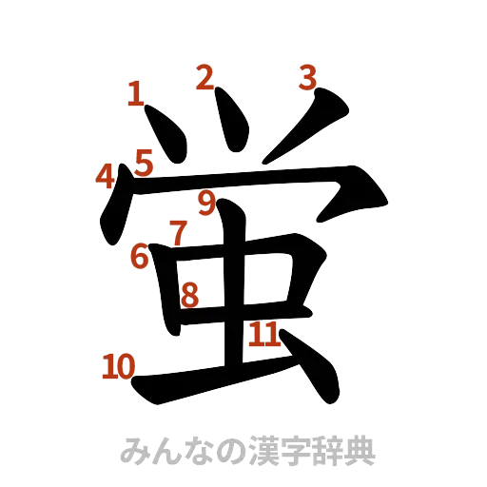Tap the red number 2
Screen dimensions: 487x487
(x=204, y=77)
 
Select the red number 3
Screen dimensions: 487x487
(x=306, y=76)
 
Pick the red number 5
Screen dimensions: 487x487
(x=143, y=162)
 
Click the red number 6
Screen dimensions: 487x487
(x=139, y=255)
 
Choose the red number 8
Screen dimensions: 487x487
(x=189, y=296)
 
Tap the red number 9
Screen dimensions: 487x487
(x=207, y=202)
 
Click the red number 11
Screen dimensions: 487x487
(x=263, y=333)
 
